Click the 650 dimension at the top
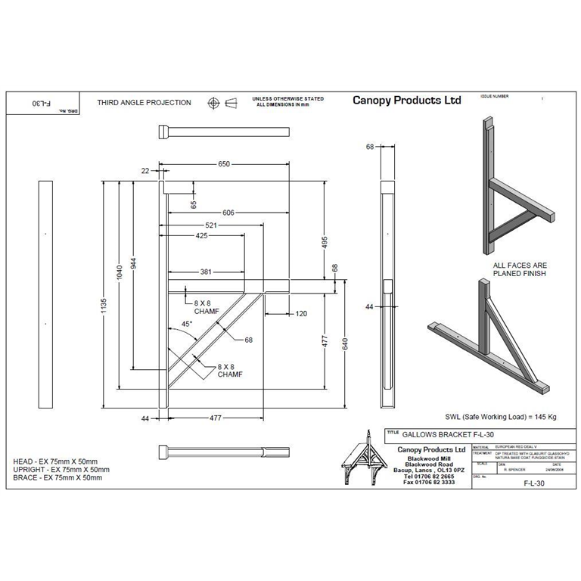(x=224, y=163)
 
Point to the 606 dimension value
(x=228, y=213)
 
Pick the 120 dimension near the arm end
(x=302, y=312)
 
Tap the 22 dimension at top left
(x=145, y=172)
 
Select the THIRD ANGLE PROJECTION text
(x=144, y=103)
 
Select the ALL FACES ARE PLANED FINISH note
(x=519, y=269)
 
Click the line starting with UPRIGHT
(x=61, y=470)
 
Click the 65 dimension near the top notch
(x=194, y=204)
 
